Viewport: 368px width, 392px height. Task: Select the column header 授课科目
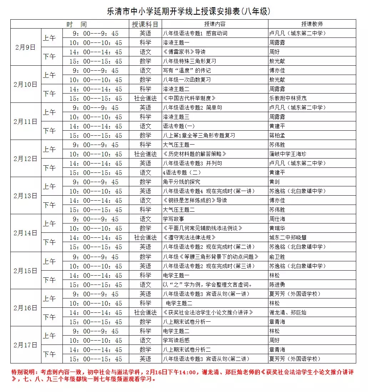tap(145, 24)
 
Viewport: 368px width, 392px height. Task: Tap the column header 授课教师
tap(312, 24)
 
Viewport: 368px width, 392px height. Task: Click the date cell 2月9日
tap(26, 47)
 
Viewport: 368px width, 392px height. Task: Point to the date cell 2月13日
tap(26, 196)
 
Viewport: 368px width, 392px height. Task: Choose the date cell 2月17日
tap(26, 345)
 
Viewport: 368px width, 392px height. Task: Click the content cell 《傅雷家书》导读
tap(184, 52)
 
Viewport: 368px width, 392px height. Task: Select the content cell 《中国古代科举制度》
tap(189, 98)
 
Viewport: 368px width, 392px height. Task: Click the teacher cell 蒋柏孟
tap(277, 135)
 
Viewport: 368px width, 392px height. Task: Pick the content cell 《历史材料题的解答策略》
tap(195, 154)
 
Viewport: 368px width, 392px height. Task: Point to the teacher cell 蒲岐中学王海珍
tap(288, 154)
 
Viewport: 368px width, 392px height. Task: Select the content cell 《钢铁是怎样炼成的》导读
tap(195, 200)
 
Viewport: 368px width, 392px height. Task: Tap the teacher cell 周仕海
tap(277, 219)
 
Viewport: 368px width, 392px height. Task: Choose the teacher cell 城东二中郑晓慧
tap(288, 237)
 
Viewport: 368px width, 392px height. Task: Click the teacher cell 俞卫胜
tap(277, 257)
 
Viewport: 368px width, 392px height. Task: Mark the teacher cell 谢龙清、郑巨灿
tap(288, 312)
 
